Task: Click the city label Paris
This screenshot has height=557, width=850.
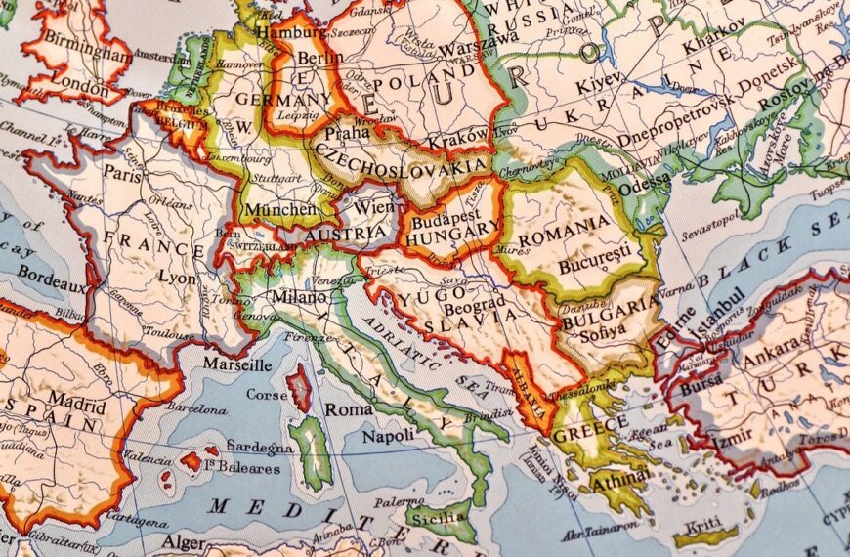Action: click(123, 173)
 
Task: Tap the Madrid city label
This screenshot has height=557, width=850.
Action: click(77, 401)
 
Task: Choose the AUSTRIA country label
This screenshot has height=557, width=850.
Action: click(345, 235)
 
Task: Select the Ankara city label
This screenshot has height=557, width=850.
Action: click(772, 359)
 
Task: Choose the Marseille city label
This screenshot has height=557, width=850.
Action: click(236, 364)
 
